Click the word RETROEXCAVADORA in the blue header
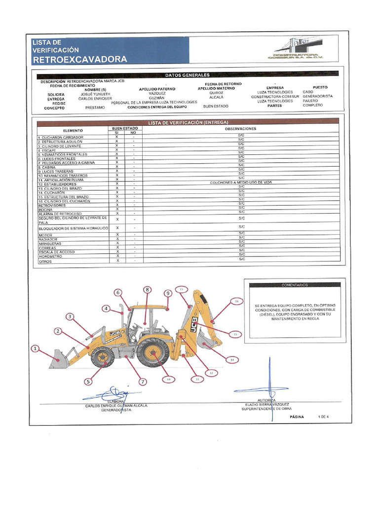pyautogui.click(x=79, y=60)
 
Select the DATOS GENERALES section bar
pyautogui.click(x=188, y=75)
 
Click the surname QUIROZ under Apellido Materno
pyautogui.click(x=216, y=93)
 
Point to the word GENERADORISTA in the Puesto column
pyautogui.click(x=318, y=97)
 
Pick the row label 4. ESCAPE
pyautogui.click(x=47, y=150)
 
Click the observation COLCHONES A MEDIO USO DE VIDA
pyautogui.click(x=241, y=182)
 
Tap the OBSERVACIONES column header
pyautogui.click(x=241, y=129)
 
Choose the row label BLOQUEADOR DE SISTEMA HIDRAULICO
pyautogui.click(x=73, y=228)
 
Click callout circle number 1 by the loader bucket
pyautogui.click(x=35, y=349)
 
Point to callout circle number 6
pyautogui.click(x=118, y=292)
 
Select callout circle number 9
pyautogui.click(x=168, y=293)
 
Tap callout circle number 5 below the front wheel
pyautogui.click(x=88, y=381)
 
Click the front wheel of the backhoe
pyautogui.click(x=103, y=357)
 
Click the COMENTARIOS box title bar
pyautogui.click(x=295, y=285)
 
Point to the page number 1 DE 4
pyautogui.click(x=324, y=417)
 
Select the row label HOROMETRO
pyautogui.click(x=51, y=256)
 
